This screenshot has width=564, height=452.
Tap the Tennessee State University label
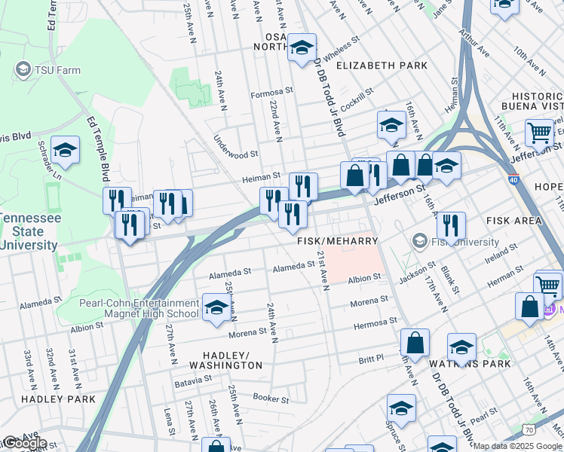pos(29,231)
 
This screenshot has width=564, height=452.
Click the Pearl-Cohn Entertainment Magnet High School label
pos(139,308)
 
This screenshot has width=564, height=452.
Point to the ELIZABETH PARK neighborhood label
pos(382,66)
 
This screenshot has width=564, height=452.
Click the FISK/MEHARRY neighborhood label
pos(336,241)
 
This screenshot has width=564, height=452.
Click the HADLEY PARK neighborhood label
pos(58,399)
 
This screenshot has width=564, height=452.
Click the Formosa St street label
pos(271,95)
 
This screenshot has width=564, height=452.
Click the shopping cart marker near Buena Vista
pos(540,133)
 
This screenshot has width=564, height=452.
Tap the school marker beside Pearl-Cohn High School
pos(216,307)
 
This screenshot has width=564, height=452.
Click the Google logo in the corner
pos(24,444)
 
